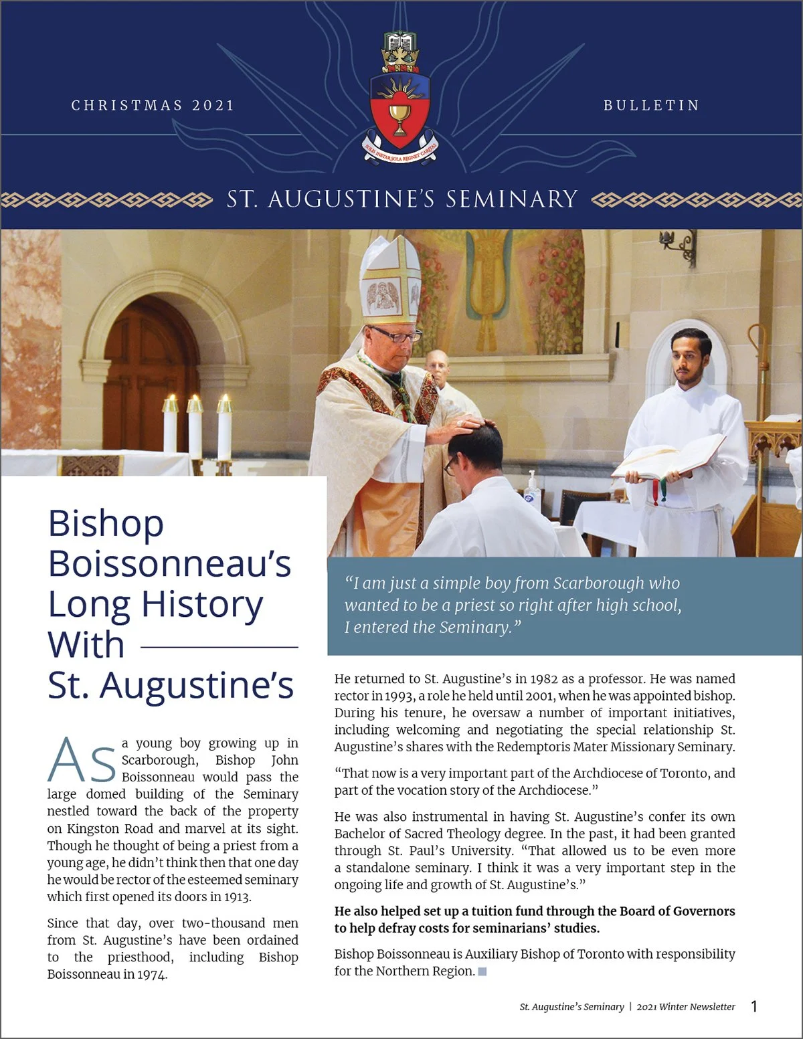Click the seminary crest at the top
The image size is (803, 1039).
[400, 98]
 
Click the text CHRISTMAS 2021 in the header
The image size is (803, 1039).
[153, 106]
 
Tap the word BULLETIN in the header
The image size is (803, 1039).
[651, 106]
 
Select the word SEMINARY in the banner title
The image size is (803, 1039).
[511, 199]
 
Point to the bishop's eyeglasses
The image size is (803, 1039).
[396, 335]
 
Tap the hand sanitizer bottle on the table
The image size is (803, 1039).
[532, 491]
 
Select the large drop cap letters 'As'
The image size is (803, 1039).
[82, 761]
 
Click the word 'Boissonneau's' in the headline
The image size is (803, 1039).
[169, 563]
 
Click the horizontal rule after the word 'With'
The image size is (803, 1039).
[219, 647]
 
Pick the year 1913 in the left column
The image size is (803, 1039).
[237, 897]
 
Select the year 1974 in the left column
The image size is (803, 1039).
[152, 975]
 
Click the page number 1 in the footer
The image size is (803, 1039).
[754, 1006]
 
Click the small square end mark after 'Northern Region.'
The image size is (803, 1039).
[482, 971]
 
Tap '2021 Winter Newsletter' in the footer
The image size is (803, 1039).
[685, 1007]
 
